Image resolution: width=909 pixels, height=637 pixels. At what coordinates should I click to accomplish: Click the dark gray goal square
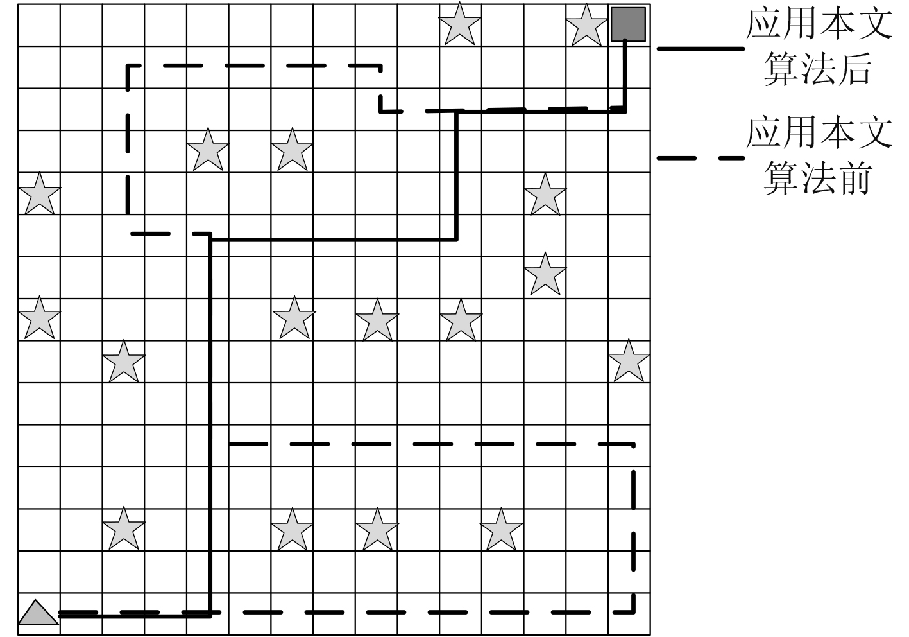pos(628,24)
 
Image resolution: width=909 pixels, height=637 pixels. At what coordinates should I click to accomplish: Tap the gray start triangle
pos(37,613)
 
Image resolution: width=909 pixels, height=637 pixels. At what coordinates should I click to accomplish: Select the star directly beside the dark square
pos(586,25)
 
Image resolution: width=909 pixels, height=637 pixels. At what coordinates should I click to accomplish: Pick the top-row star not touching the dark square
pos(460,24)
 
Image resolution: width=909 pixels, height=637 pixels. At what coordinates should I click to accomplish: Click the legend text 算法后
pos(817,69)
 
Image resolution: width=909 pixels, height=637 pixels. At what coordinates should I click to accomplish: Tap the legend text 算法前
pos(817,178)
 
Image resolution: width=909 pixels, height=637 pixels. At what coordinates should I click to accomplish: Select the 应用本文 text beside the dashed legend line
pos(819,133)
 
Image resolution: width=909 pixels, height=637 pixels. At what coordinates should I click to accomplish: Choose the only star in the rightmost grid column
pos(629,362)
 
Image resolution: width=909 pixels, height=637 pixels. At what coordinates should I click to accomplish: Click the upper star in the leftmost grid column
pos(39,194)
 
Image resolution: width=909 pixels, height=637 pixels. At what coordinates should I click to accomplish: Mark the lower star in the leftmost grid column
pos(39,318)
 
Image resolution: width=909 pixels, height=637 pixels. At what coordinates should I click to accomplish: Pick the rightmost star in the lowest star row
pos(501,530)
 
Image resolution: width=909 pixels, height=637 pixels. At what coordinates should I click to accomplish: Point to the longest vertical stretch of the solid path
pos(210,424)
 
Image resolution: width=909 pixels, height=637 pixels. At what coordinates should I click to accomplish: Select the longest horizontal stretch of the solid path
pos(334,240)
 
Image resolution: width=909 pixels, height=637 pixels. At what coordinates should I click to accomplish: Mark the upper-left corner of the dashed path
pos(128,66)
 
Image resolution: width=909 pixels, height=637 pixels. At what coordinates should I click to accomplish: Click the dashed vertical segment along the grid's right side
pos(634,527)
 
